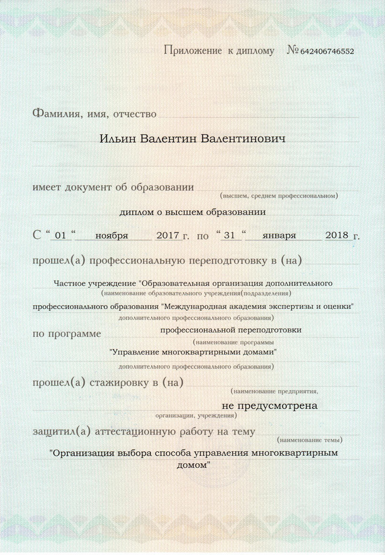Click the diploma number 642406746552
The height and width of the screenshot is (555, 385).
pos(327,52)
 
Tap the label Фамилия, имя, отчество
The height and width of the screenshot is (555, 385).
pos(94,114)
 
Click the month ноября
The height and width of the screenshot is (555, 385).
pos(112,235)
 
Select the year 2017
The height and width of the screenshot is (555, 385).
pos(166,235)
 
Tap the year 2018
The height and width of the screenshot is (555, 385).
pos(336,235)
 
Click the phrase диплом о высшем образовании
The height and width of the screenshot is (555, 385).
pos(192,211)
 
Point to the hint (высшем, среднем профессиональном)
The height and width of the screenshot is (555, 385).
pos(279,196)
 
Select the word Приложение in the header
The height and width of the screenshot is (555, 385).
pos(192,51)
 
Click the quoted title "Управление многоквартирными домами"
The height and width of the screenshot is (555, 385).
pos(192,352)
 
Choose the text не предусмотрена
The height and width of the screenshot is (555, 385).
pos(270,406)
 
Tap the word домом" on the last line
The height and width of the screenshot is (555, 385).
pos(192,465)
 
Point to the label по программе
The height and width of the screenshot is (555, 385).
pos(67,334)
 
